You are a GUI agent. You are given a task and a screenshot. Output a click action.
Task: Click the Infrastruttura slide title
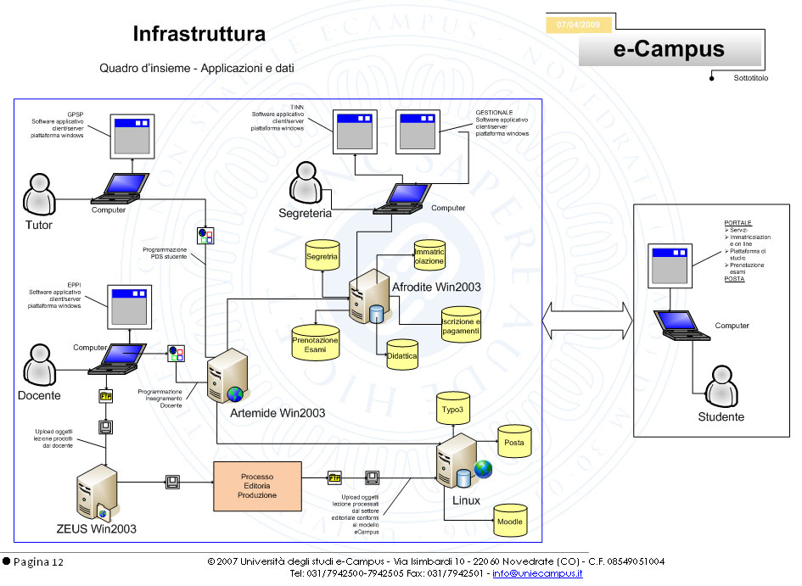(x=199, y=35)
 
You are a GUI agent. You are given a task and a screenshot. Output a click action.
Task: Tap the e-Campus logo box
(x=669, y=50)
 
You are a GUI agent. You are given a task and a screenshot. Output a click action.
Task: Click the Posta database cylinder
(x=514, y=442)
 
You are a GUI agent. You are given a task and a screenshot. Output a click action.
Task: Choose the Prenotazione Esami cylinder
(x=315, y=342)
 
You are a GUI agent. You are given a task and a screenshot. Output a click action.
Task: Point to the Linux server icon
(x=452, y=465)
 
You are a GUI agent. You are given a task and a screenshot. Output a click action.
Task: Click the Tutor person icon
(x=38, y=195)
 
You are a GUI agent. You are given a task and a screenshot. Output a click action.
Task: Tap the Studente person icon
(x=720, y=386)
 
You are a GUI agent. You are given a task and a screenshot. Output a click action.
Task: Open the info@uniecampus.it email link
(x=537, y=574)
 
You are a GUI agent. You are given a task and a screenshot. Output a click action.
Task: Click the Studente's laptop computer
(x=683, y=326)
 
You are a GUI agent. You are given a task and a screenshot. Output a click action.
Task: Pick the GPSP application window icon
(x=132, y=136)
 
